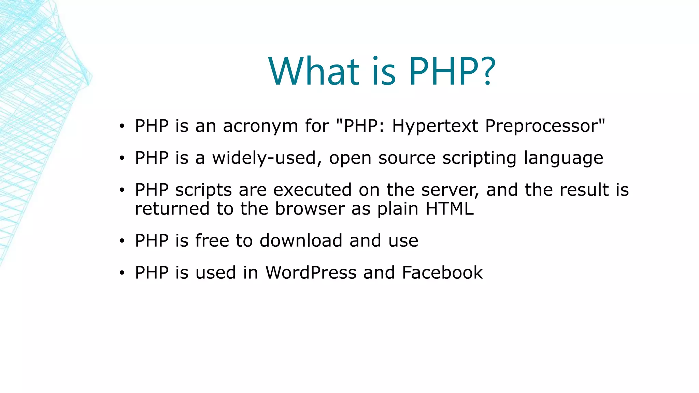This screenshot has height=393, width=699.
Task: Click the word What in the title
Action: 314,72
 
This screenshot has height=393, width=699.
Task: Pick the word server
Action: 450,190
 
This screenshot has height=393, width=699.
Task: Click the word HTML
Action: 450,208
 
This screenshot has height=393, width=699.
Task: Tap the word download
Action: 301,241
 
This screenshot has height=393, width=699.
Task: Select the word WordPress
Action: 311,273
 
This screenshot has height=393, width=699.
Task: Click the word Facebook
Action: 442,273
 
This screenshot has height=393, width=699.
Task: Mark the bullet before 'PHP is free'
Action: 122,241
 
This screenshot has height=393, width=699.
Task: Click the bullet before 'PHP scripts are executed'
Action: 122,190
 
